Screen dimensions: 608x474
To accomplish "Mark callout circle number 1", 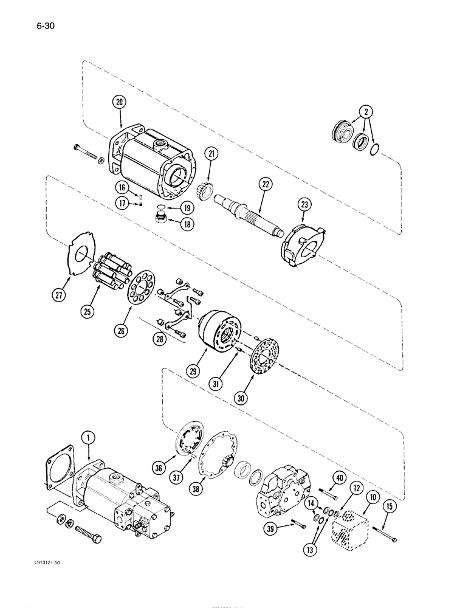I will click(x=88, y=437).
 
